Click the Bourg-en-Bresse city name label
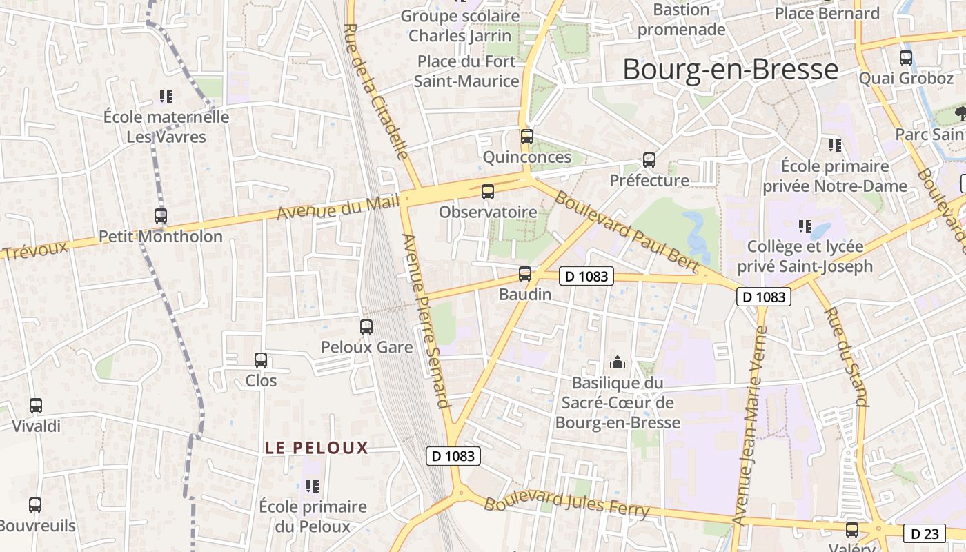pos(730,70)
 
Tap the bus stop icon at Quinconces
pos(527,136)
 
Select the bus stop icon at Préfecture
pos(649,160)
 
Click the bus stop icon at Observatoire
pos(488,192)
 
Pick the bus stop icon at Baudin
pos(525,274)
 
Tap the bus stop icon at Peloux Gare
pos(366,327)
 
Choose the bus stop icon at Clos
pos(261,360)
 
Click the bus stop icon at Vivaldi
pos(36,406)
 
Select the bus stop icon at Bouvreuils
pos(35,505)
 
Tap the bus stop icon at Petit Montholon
pos(161,216)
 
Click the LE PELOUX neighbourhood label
pos(317,448)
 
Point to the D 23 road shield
pos(924,533)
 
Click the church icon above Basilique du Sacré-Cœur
pos(617,362)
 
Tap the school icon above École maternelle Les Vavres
pos(166,97)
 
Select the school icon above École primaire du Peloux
pos(313,486)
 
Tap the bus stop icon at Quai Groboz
pos(906,58)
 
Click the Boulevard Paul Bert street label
pos(627,231)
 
